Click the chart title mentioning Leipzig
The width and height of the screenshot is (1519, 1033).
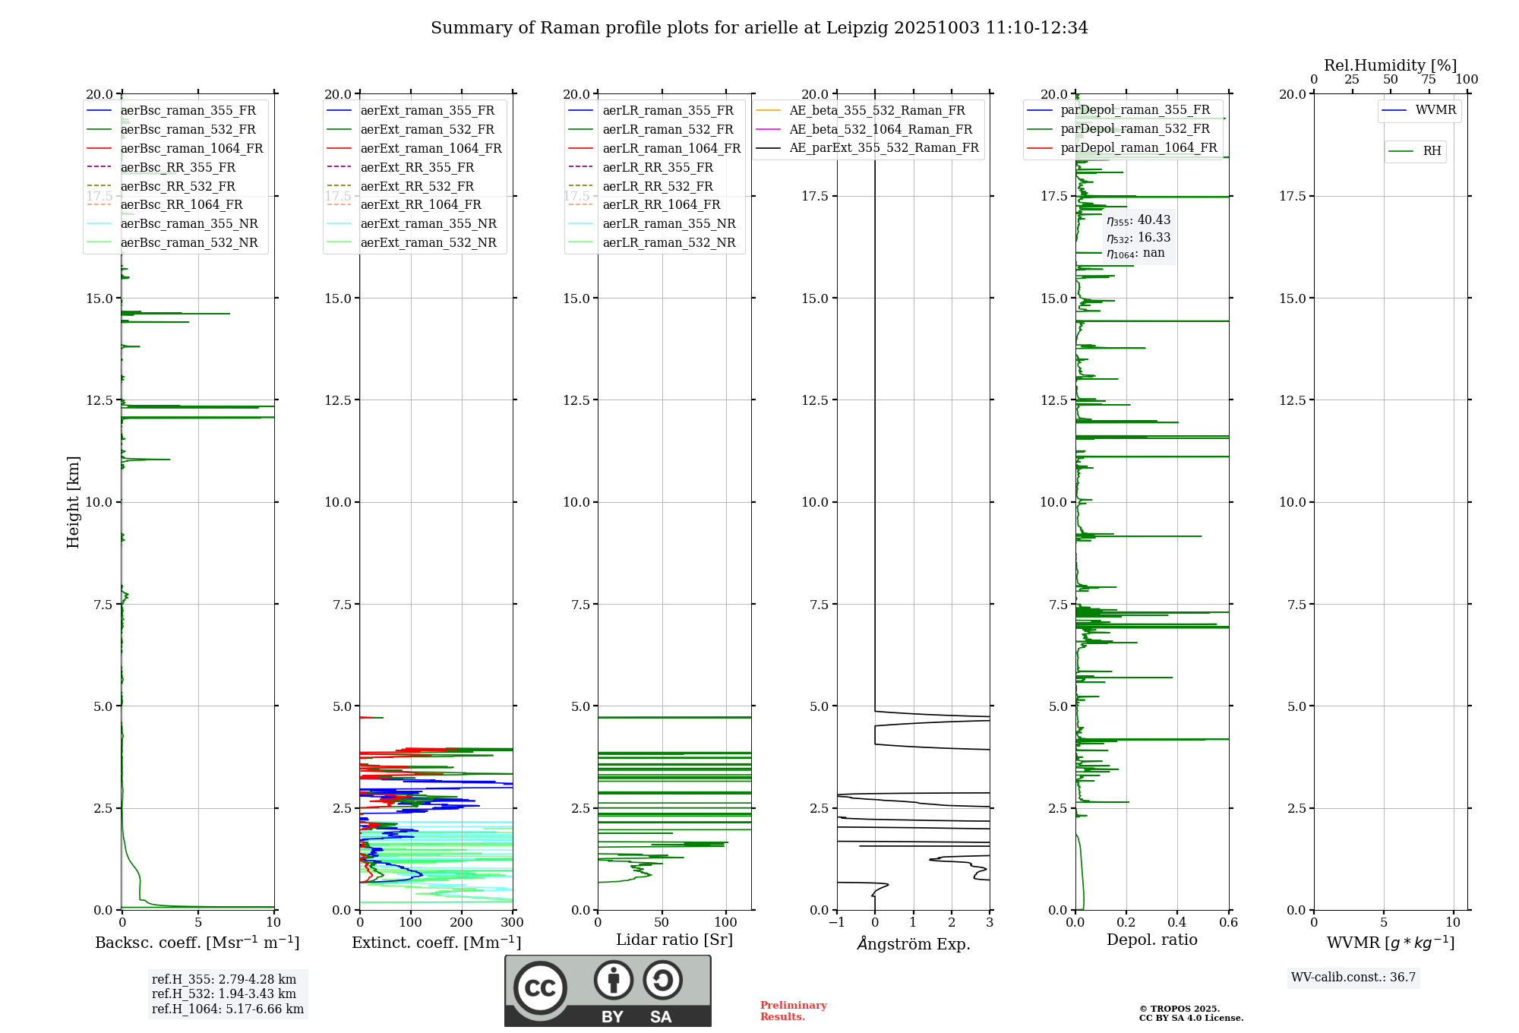[x=759, y=28]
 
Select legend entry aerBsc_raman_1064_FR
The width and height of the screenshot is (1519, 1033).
[x=191, y=148]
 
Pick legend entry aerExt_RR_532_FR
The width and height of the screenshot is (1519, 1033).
[x=417, y=186]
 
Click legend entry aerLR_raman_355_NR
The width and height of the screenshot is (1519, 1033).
[x=668, y=223]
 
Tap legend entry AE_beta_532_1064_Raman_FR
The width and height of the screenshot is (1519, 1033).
[x=880, y=129]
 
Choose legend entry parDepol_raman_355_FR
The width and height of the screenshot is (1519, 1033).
[x=1135, y=110]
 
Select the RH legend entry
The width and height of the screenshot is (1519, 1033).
[x=1432, y=151]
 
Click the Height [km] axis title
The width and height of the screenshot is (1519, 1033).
[x=73, y=501]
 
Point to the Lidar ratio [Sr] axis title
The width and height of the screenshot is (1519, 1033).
[x=674, y=940]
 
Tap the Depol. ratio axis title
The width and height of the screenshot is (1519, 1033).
[x=1151, y=940]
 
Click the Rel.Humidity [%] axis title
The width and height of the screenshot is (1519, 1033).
[x=1390, y=65]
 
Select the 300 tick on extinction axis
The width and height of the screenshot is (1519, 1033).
[x=513, y=922]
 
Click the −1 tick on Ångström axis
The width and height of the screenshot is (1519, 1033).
[x=836, y=922]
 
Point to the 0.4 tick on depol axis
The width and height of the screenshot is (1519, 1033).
[x=1177, y=922]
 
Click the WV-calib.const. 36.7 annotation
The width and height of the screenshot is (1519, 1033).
[x=1353, y=977]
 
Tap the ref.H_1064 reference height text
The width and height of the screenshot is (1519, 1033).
[x=227, y=1009]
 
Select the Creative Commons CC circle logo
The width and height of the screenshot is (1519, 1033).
[x=540, y=988]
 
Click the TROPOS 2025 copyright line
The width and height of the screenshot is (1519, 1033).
[x=1179, y=1009]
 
